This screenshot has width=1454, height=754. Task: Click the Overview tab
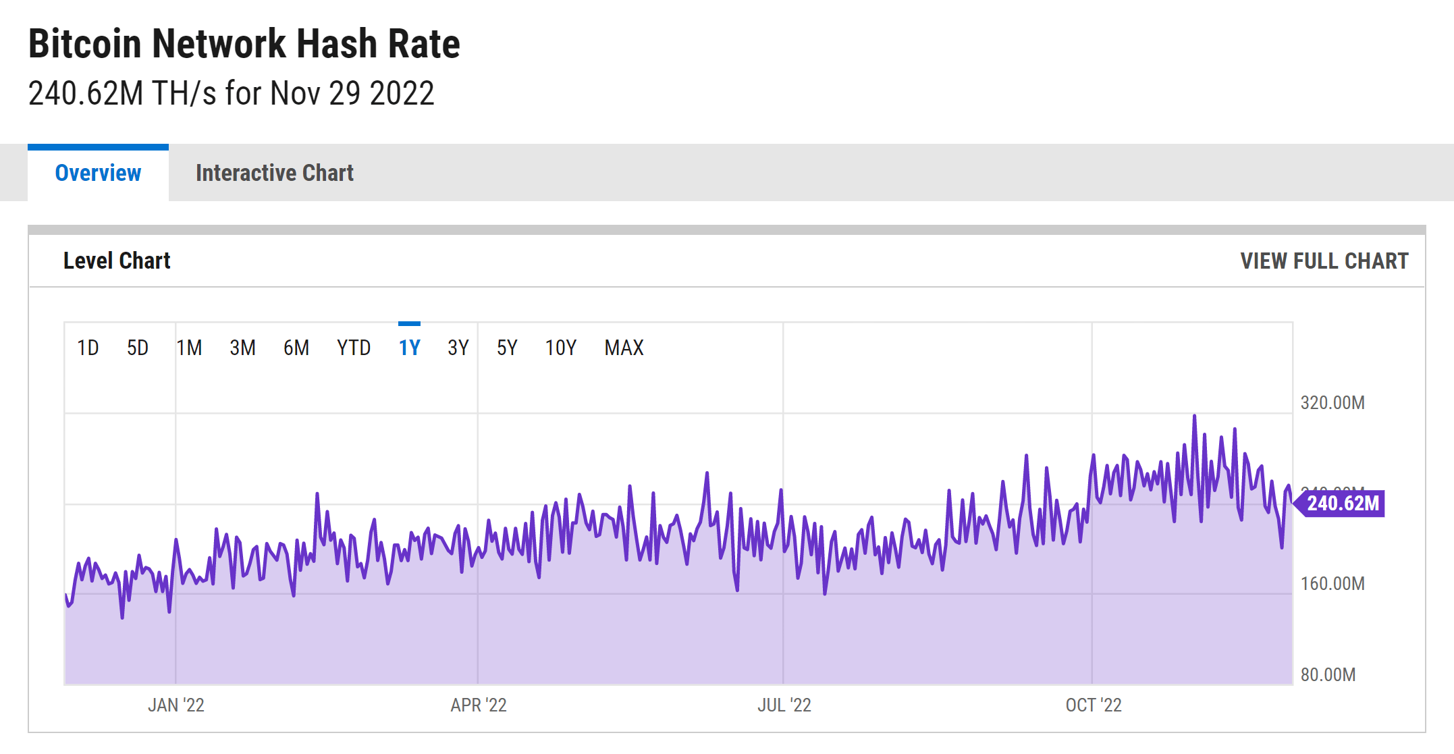pyautogui.click(x=98, y=173)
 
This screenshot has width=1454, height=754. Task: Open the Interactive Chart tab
pyautogui.click(x=274, y=173)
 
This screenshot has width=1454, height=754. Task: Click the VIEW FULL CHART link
pyautogui.click(x=1324, y=261)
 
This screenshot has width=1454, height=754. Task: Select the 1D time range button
pyautogui.click(x=88, y=348)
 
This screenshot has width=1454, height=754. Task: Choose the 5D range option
pyautogui.click(x=138, y=348)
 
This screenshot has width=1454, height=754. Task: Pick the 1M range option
pyautogui.click(x=189, y=348)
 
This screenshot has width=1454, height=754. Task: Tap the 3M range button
pyautogui.click(x=242, y=348)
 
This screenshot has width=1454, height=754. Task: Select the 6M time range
pyautogui.click(x=296, y=348)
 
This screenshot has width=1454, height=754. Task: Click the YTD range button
pyautogui.click(x=354, y=348)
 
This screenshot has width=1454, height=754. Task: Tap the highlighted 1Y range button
pyautogui.click(x=409, y=348)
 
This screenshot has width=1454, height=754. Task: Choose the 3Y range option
pyautogui.click(x=458, y=348)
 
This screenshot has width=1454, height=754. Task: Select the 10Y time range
pyautogui.click(x=560, y=348)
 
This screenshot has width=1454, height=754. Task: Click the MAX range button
pyautogui.click(x=624, y=348)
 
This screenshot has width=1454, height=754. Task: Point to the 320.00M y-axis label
pyautogui.click(x=1332, y=403)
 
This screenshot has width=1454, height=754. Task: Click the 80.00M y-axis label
pyautogui.click(x=1328, y=674)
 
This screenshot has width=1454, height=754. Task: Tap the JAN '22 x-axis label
pyautogui.click(x=176, y=705)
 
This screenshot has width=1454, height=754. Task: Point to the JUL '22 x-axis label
pyautogui.click(x=784, y=705)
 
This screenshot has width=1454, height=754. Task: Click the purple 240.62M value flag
pyautogui.click(x=1342, y=504)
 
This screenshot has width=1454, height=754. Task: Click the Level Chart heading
pyautogui.click(x=117, y=261)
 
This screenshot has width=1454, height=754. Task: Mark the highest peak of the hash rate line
pyautogui.click(x=1194, y=416)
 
